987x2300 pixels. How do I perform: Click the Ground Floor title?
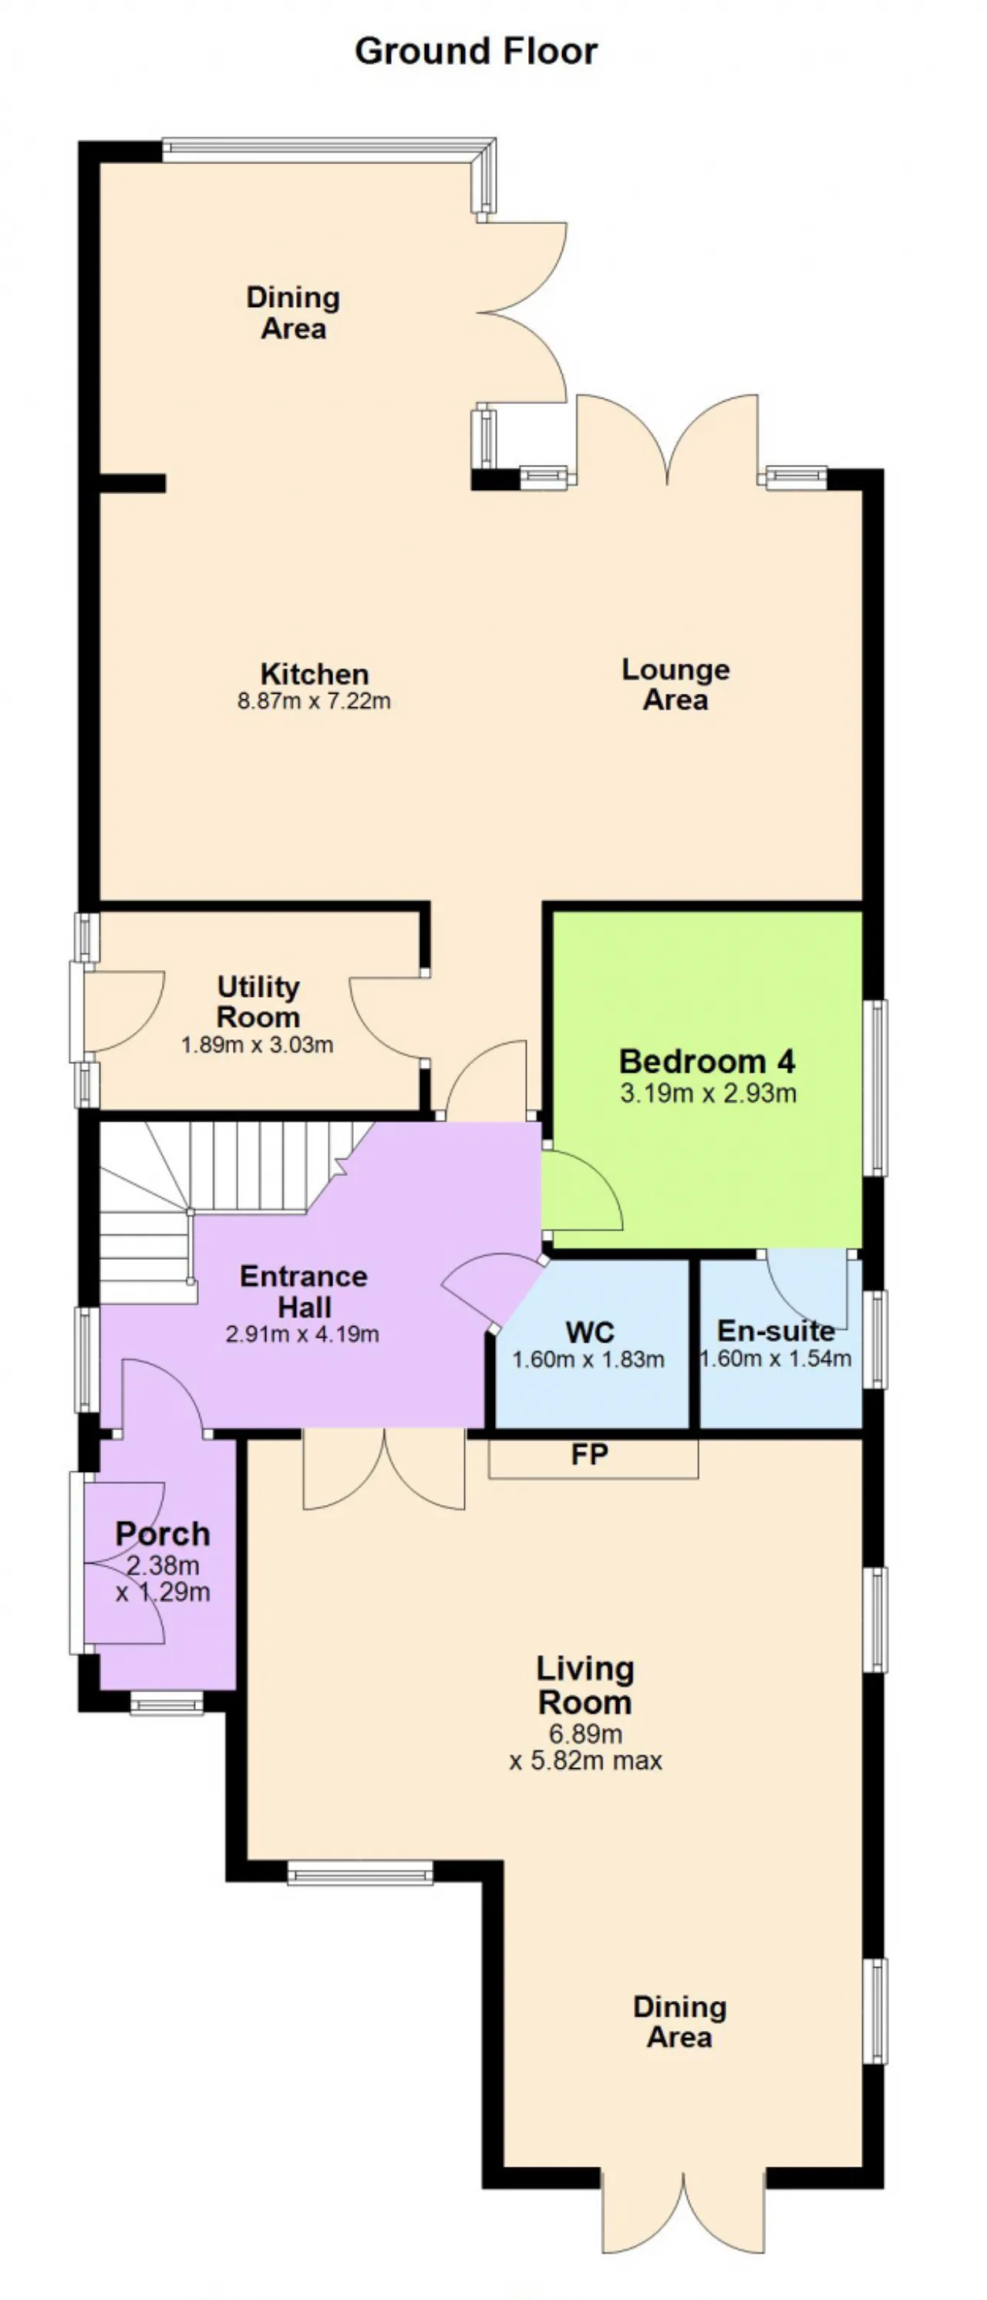click(x=476, y=52)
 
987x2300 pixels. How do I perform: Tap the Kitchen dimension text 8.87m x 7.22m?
click(x=314, y=701)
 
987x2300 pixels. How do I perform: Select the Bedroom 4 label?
click(x=706, y=1061)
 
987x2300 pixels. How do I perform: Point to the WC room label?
click(x=590, y=1332)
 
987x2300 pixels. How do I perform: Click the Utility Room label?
click(x=258, y=1002)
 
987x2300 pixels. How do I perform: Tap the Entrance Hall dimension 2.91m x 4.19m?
click(x=303, y=1334)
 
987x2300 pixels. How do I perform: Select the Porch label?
click(x=163, y=1534)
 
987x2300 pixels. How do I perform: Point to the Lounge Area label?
click(x=676, y=684)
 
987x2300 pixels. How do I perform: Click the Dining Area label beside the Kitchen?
click(x=293, y=312)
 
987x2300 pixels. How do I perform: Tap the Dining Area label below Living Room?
click(x=680, y=2022)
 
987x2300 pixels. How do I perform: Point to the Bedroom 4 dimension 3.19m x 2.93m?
click(x=709, y=1093)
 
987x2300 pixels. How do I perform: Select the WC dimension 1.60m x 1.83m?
click(x=588, y=1360)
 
